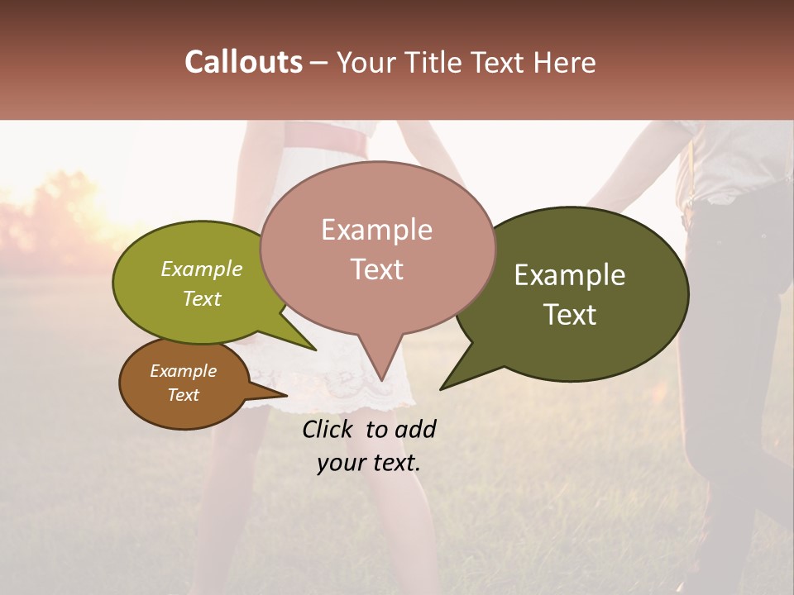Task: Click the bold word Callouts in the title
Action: pyautogui.click(x=243, y=62)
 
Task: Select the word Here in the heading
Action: pyautogui.click(x=564, y=62)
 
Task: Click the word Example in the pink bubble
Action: pyautogui.click(x=376, y=230)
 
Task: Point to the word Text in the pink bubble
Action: pyautogui.click(x=376, y=269)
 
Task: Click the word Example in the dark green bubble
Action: pyautogui.click(x=570, y=275)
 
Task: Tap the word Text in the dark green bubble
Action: pyautogui.click(x=570, y=314)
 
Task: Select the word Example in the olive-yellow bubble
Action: pyautogui.click(x=202, y=269)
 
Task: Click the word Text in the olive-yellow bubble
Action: pyautogui.click(x=202, y=298)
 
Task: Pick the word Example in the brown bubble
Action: pyautogui.click(x=183, y=371)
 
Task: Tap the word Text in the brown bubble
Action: pyautogui.click(x=183, y=395)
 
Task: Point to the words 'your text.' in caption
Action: pyautogui.click(x=368, y=463)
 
